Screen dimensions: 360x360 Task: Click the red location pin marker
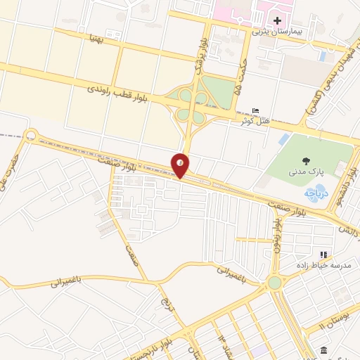pyautogui.click(x=181, y=165)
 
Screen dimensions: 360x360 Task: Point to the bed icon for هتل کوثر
pyautogui.click(x=255, y=111)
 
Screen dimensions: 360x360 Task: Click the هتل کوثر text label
pyautogui.click(x=257, y=121)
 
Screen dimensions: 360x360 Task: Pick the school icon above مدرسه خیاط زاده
pyautogui.click(x=323, y=255)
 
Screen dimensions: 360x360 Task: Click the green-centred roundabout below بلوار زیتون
pyautogui.click(x=274, y=283)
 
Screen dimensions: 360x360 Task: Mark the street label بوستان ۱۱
pyautogui.click(x=333, y=320)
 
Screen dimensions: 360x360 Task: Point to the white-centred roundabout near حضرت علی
pyautogui.click(x=30, y=135)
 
